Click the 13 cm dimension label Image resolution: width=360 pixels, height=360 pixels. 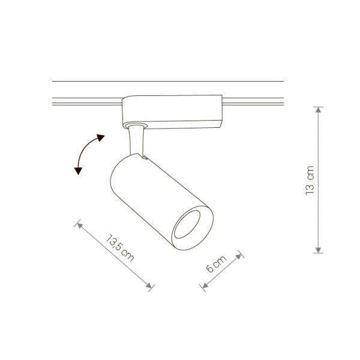310,180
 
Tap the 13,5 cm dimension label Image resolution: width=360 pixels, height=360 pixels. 120,248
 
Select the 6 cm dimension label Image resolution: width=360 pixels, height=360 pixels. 216,264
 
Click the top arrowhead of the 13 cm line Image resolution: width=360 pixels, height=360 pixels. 318,110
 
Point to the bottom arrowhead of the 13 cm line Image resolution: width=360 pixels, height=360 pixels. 318,250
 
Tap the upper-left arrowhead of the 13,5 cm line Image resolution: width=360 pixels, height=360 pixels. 79,225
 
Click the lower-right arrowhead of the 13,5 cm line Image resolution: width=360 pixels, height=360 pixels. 149,286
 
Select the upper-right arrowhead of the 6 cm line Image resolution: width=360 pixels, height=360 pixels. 239,256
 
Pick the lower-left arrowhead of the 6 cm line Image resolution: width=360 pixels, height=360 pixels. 205,285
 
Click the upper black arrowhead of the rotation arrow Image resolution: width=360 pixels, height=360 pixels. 100,138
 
